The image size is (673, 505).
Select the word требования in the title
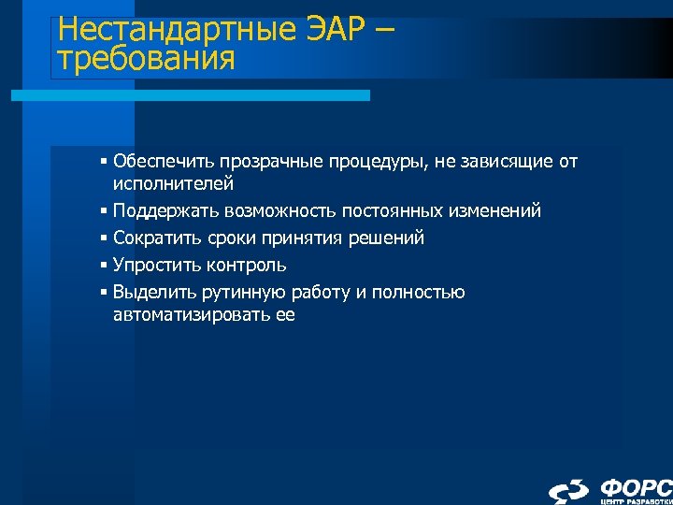tap(145, 60)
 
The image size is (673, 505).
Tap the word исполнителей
tap(173, 184)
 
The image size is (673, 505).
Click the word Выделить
tap(151, 293)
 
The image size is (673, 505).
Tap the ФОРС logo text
tap(636, 486)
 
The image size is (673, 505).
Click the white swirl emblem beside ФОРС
tap(568, 489)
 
